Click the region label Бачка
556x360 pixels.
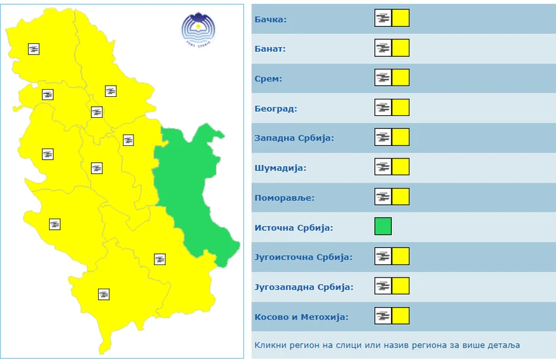(270, 20)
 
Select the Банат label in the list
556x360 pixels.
(269, 49)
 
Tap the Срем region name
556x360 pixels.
(268, 79)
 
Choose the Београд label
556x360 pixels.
(275, 109)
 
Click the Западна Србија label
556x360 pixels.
(294, 139)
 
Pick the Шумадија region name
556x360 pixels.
(280, 168)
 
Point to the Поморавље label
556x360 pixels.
(284, 198)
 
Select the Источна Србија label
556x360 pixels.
(293, 228)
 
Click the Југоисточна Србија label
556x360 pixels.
(303, 257)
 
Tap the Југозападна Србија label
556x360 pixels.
(303, 287)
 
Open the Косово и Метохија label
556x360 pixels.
(301, 317)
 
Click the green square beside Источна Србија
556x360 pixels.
(383, 226)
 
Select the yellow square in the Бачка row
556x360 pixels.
(401, 18)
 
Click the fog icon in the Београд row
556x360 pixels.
(383, 107)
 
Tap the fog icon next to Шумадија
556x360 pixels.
(383, 167)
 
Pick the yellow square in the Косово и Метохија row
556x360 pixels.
(401, 315)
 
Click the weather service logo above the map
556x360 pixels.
(198, 29)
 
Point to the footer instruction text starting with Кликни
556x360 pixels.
(387, 345)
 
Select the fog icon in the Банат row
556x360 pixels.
(383, 48)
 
